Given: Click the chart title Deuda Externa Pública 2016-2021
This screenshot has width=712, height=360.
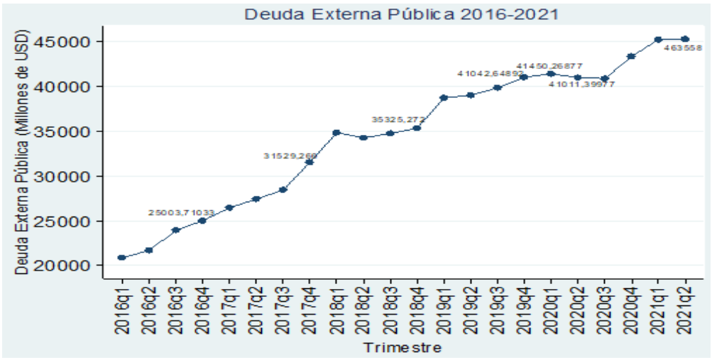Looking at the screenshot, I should coord(402,13).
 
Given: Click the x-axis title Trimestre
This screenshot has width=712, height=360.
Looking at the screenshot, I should coord(402,347).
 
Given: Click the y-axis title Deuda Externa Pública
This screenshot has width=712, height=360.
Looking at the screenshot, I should coord(22,153).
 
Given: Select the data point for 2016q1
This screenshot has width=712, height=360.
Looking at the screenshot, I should coord(121,258).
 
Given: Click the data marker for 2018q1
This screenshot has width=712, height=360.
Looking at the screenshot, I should coord(336,133).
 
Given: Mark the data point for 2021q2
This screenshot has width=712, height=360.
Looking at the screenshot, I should coord(685,39).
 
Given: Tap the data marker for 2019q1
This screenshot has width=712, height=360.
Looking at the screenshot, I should coord(444,97).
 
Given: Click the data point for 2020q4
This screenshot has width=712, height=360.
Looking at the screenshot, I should coord(631,55).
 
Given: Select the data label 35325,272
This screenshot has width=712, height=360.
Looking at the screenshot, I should coord(398,119).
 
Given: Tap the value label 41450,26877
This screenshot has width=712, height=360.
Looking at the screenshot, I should coord(549,66).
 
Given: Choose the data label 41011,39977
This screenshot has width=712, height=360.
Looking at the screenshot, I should coord(582,84).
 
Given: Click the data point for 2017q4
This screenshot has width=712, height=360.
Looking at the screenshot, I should coord(310,163).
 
